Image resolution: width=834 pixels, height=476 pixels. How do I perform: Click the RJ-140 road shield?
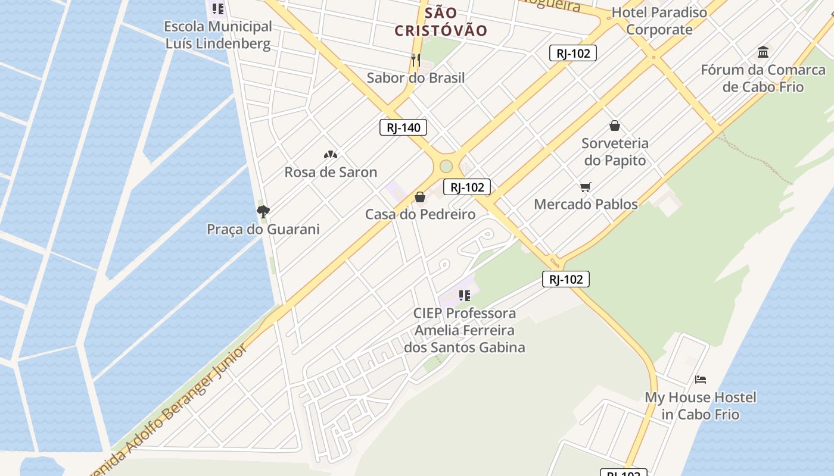(403, 127)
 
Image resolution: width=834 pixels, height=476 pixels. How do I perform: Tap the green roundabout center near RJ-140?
(446, 166)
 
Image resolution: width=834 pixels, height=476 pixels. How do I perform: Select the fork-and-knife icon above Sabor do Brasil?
(416, 59)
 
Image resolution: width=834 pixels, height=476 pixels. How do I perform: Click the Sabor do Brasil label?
(416, 77)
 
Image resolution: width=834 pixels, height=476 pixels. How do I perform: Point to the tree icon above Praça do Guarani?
(263, 211)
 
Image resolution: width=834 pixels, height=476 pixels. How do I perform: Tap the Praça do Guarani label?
(263, 229)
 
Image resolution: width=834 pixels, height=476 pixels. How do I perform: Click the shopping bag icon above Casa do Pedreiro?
(420, 197)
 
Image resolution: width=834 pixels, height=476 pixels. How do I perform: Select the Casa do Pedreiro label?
(420, 214)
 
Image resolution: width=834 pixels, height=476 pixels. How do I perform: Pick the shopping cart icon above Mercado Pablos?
(586, 187)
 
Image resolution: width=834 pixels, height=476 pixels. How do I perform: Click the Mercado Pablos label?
(586, 204)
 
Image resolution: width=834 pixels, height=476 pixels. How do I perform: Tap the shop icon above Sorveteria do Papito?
(615, 126)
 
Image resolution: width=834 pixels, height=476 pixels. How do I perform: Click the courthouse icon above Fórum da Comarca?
(763, 52)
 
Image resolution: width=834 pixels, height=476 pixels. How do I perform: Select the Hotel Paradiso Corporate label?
(659, 21)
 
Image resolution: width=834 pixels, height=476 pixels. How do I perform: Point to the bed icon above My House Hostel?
(701, 379)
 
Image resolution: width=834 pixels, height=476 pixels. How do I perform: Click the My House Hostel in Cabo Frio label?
(701, 406)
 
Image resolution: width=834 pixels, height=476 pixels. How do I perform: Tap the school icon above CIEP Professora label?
(465, 295)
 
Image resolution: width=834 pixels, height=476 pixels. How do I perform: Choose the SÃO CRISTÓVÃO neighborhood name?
(441, 21)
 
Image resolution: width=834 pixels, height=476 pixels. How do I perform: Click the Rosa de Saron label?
(331, 172)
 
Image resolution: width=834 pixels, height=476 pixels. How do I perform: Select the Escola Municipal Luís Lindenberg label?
(218, 35)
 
